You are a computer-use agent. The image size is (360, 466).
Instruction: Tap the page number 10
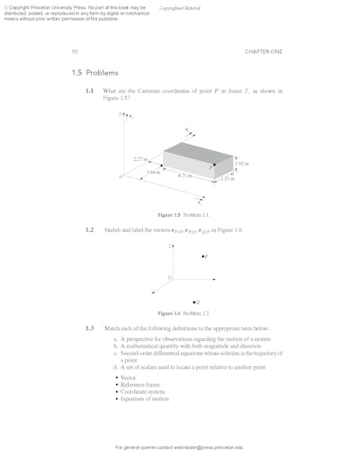pos(75,52)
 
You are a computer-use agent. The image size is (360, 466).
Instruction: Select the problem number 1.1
pos(90,91)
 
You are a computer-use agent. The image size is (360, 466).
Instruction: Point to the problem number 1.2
pos(90,230)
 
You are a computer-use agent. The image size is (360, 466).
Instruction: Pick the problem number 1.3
pos(90,327)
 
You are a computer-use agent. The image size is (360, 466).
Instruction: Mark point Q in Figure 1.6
pos(195,301)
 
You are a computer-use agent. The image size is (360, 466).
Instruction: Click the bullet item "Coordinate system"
pos(143,392)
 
